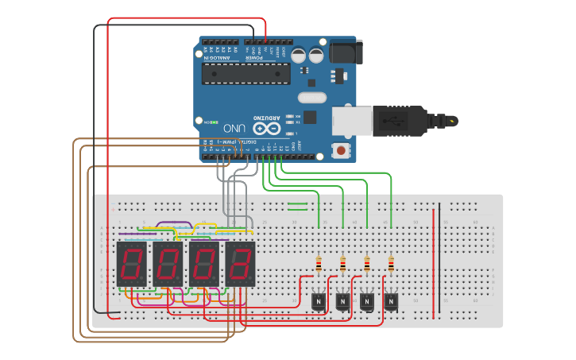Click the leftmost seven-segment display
(x=131, y=264)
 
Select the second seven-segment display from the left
(x=168, y=264)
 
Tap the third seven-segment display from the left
(x=204, y=264)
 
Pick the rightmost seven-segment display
(x=241, y=264)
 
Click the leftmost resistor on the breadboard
(x=319, y=264)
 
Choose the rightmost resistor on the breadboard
(x=391, y=264)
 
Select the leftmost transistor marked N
(x=319, y=301)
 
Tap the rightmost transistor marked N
(x=391, y=301)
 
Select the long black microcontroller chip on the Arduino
(x=242, y=74)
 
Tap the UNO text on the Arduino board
(x=234, y=128)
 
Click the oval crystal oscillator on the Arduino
(x=311, y=98)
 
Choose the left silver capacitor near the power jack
(x=299, y=55)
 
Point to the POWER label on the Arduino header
(x=253, y=57)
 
